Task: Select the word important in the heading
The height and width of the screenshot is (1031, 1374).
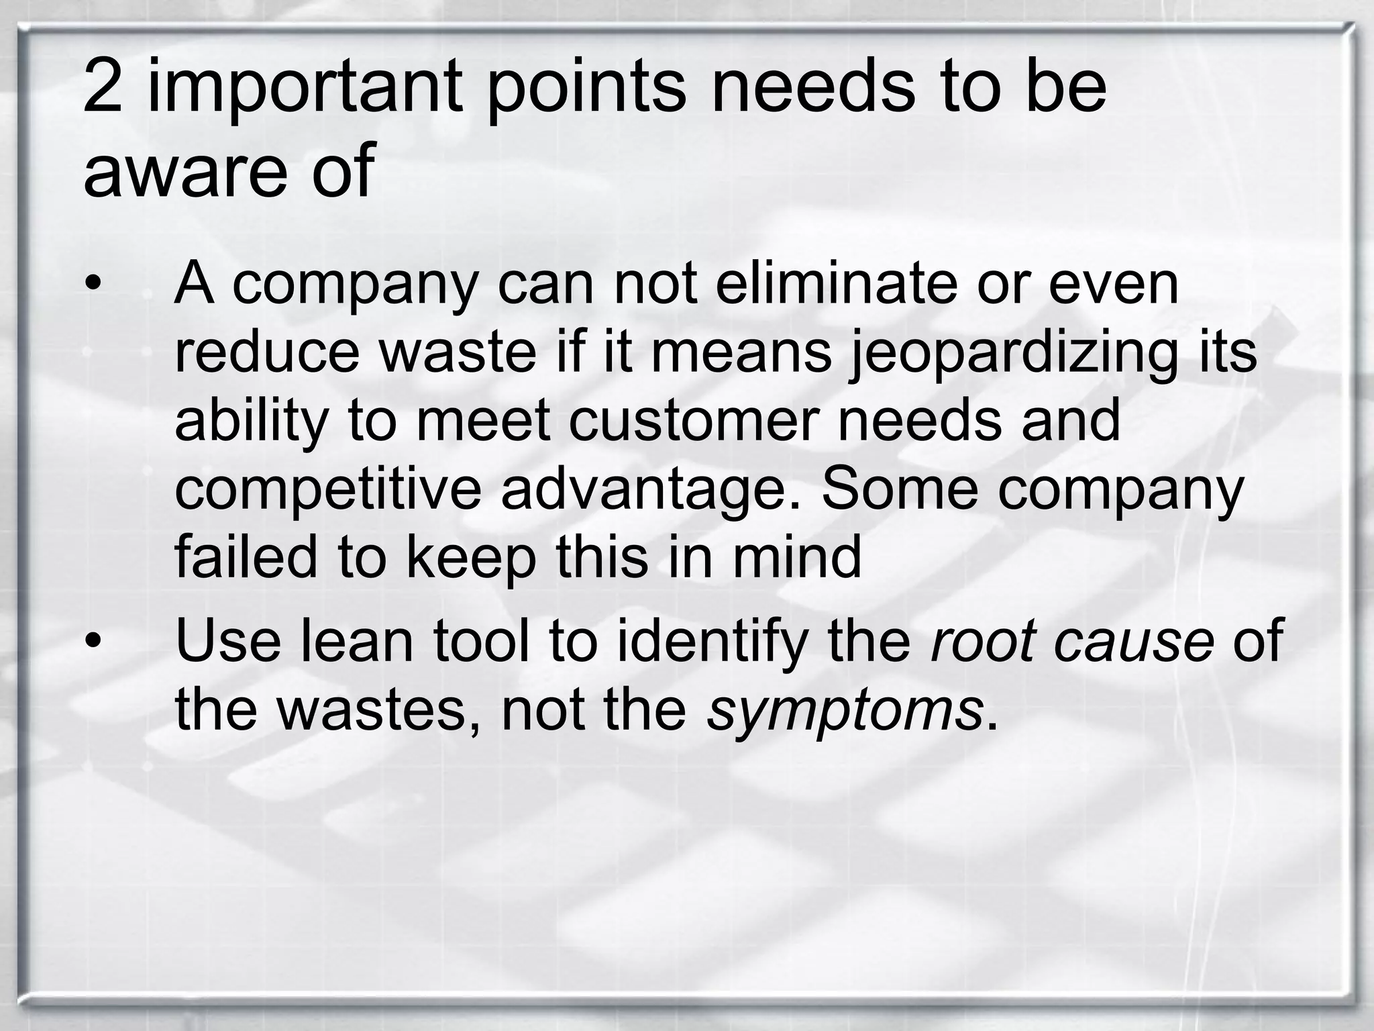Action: [305, 87]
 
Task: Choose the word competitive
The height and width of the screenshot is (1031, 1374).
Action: [328, 490]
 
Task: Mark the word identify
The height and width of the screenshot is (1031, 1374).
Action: [712, 642]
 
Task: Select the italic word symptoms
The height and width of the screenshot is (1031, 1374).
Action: [845, 711]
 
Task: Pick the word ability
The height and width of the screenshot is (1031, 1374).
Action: [252, 422]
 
